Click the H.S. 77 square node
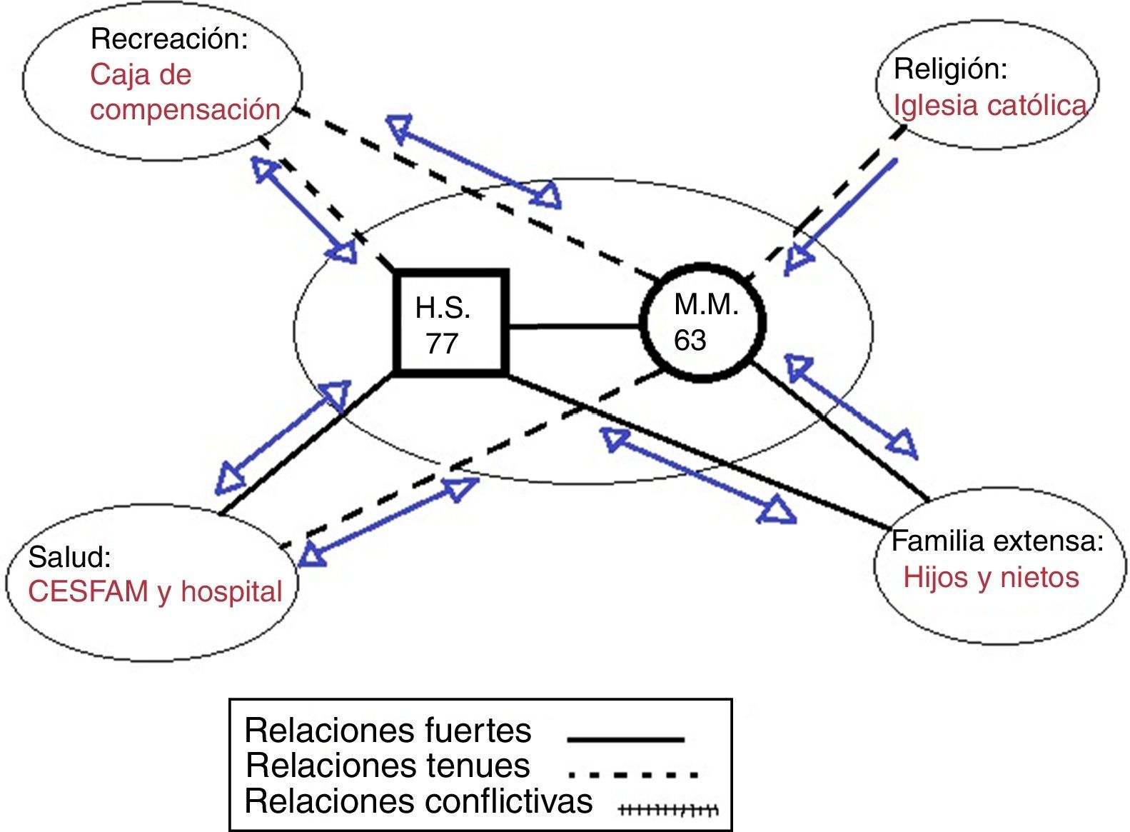pyautogui.click(x=450, y=324)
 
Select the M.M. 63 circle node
pyautogui.click(x=703, y=322)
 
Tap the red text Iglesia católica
pyautogui.click(x=990, y=106)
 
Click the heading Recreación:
pyautogui.click(x=169, y=39)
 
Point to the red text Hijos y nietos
pyautogui.click(x=991, y=578)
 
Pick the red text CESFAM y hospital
pyautogui.click(x=155, y=591)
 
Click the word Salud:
pyautogui.click(x=70, y=557)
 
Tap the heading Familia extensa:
pyautogui.click(x=997, y=541)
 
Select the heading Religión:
pyautogui.click(x=950, y=69)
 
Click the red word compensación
pyautogui.click(x=185, y=109)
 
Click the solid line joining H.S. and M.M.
pyautogui.click(x=574, y=326)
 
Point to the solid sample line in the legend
pyautogui.click(x=625, y=740)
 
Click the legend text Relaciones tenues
pyautogui.click(x=388, y=766)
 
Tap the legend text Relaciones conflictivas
pyautogui.click(x=418, y=801)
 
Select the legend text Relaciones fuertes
pyautogui.click(x=388, y=731)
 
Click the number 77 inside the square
pyautogui.click(x=443, y=344)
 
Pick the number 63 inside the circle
pyautogui.click(x=690, y=340)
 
